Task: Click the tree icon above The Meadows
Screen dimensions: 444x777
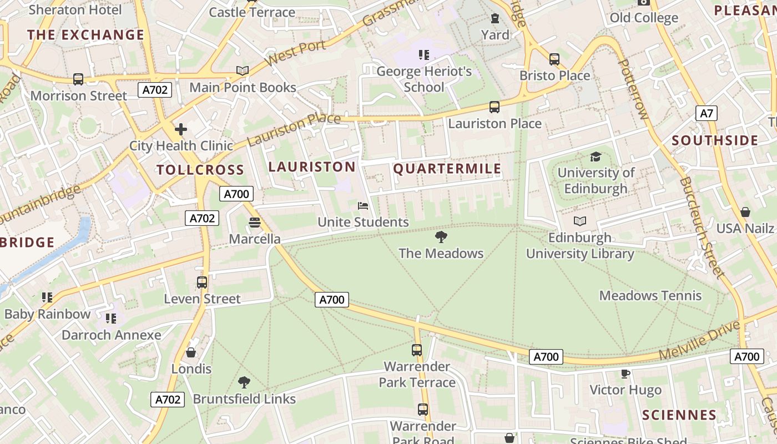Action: (441, 238)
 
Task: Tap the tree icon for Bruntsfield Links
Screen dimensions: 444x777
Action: (244, 382)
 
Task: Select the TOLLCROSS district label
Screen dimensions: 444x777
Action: (200, 170)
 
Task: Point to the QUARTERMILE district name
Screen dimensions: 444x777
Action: (447, 169)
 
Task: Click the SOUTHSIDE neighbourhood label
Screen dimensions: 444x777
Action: (715, 140)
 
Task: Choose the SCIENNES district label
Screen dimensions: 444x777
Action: (679, 415)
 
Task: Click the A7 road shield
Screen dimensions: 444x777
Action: (706, 114)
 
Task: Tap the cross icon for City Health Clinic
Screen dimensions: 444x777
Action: (180, 130)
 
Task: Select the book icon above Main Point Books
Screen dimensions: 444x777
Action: (243, 71)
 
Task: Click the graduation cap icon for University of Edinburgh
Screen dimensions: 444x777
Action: (596, 157)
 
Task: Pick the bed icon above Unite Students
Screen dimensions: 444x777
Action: (363, 206)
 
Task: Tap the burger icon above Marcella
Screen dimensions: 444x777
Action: (255, 223)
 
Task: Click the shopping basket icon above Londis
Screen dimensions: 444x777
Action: (191, 352)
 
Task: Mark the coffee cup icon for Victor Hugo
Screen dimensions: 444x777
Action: (625, 374)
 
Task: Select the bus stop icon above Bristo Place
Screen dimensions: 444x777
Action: (554, 59)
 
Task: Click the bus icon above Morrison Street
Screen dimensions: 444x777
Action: (78, 79)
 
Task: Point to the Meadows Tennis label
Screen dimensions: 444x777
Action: (650, 296)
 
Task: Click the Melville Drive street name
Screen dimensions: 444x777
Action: (699, 340)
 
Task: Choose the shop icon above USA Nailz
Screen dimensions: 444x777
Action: (745, 213)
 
